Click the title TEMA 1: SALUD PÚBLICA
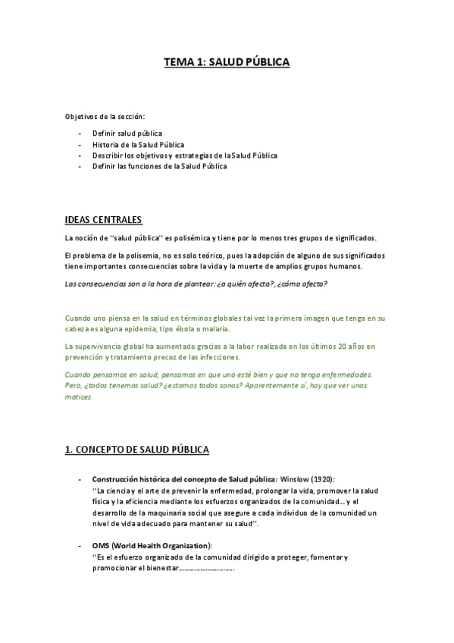227,64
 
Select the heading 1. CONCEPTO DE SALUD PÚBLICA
136,450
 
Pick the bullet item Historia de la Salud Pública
137,144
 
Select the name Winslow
294,479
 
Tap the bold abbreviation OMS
101,546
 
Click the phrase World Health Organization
163,546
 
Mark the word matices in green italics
79,397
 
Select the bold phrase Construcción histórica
129,479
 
